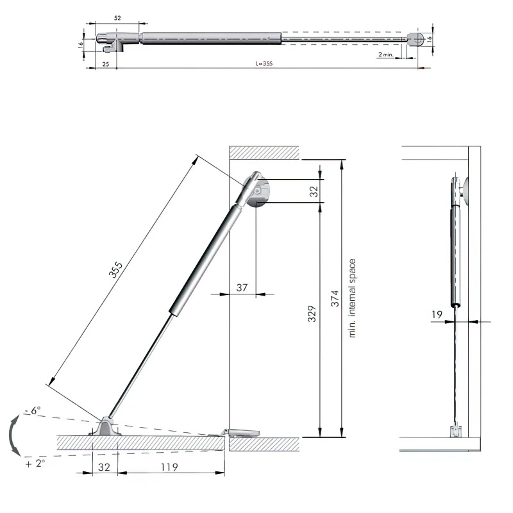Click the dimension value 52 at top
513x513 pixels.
[117, 19]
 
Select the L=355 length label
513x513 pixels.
[264, 63]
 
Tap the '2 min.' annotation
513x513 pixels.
[386, 55]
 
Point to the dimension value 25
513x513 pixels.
[106, 64]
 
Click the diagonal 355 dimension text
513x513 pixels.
[115, 269]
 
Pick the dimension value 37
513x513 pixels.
[242, 287]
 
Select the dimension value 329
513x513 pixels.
[312, 314]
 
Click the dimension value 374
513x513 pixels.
[335, 298]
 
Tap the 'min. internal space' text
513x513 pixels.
[351, 298]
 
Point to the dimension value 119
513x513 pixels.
[169, 467]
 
